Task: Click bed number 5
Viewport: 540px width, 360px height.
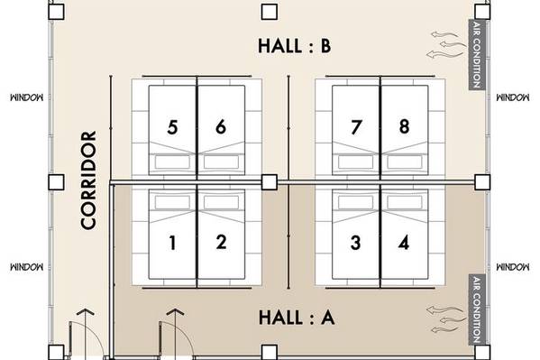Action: pyautogui.click(x=172, y=130)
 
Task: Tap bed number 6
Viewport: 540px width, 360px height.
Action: pyautogui.click(x=221, y=130)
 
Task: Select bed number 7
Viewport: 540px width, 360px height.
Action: pyautogui.click(x=356, y=130)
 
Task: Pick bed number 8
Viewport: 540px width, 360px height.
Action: pyautogui.click(x=405, y=130)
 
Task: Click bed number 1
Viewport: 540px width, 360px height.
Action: pyautogui.click(x=172, y=234)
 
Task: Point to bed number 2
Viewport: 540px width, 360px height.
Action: pyautogui.click(x=221, y=234)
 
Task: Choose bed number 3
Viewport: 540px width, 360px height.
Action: pyautogui.click(x=356, y=234)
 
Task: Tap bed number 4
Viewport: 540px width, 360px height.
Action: pyautogui.click(x=405, y=234)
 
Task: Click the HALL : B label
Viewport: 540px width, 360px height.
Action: pyautogui.click(x=295, y=45)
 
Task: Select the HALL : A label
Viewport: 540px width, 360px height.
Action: pyautogui.click(x=297, y=318)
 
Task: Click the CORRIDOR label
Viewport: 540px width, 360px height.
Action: pyautogui.click(x=88, y=180)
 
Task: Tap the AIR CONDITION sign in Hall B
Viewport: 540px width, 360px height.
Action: pyautogui.click(x=477, y=55)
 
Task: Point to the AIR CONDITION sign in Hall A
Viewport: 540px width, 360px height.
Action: pyautogui.click(x=477, y=309)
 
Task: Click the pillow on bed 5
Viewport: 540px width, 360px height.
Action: pyautogui.click(x=172, y=162)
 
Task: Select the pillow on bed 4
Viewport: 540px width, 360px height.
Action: pyautogui.click(x=405, y=203)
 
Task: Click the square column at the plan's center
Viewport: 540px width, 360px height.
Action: pyautogui.click(x=270, y=182)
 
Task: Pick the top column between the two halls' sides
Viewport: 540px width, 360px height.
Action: pyautogui.click(x=270, y=12)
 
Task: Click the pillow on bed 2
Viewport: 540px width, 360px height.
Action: pyautogui.click(x=221, y=203)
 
